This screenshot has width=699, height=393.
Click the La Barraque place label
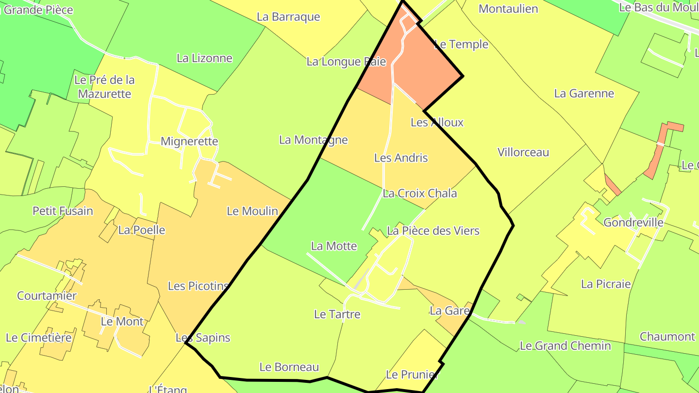(288, 17)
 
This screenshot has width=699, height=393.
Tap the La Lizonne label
(204, 58)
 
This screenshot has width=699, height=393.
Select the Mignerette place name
(189, 142)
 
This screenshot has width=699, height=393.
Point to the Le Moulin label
(252, 211)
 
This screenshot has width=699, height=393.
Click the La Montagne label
(313, 140)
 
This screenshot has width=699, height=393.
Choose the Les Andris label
(401, 158)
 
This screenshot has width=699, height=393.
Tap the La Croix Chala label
(419, 194)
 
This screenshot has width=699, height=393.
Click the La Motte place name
(334, 246)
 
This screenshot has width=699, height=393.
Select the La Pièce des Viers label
(433, 231)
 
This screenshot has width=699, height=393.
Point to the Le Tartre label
(337, 314)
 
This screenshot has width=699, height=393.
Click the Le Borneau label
(289, 367)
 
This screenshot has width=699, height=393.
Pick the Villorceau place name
(523, 152)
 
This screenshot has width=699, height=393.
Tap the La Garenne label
(584, 94)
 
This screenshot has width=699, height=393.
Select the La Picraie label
(606, 284)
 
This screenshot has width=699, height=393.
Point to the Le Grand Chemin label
(565, 346)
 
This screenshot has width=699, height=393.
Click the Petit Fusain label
(63, 211)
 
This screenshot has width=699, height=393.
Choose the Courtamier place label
(47, 295)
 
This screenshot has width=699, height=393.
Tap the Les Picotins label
(198, 286)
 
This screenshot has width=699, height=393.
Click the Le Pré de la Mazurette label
(104, 86)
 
